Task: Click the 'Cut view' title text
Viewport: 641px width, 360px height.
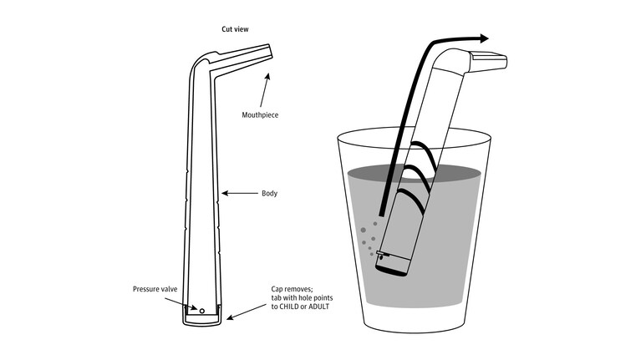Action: pos(235,29)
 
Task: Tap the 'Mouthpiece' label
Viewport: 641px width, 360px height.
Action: pos(260,114)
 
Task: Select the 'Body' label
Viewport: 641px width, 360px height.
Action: pos(269,193)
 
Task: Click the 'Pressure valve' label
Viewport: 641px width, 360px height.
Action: pos(155,289)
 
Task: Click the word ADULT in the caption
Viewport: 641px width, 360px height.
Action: pos(319,307)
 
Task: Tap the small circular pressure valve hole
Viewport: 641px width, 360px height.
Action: pos(202,311)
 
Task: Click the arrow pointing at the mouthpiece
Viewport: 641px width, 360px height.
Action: pos(264,90)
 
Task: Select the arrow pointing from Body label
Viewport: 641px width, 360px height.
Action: pos(240,193)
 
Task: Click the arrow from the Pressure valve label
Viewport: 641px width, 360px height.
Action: pos(181,303)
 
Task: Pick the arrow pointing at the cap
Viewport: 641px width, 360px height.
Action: pos(247,312)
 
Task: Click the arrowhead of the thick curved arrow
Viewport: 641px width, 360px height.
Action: pos(484,38)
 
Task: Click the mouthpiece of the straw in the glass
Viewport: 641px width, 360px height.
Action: pos(489,61)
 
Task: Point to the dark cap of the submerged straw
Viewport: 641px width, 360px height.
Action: pos(393,266)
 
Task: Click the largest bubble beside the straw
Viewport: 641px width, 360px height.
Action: pos(363,231)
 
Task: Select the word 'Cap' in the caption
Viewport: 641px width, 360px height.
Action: pos(277,289)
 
